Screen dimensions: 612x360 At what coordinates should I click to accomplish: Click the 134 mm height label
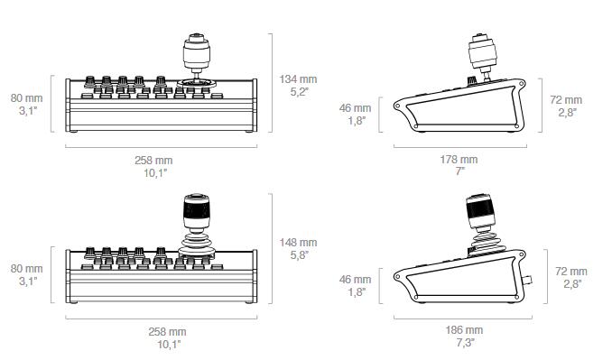point(298,79)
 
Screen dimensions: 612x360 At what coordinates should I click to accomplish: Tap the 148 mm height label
point(298,242)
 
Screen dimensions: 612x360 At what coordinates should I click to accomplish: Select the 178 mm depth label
point(459,159)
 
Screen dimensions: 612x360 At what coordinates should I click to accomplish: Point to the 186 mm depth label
point(464,330)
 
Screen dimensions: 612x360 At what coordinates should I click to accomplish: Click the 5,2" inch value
point(299,92)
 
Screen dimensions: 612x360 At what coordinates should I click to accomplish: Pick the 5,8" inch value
point(299,255)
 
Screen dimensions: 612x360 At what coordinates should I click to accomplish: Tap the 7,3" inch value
point(465,343)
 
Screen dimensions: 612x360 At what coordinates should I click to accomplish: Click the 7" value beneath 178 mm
point(459,171)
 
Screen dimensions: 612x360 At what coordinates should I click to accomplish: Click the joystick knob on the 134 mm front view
point(197,51)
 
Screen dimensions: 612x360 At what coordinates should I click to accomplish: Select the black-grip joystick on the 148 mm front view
point(197,213)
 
